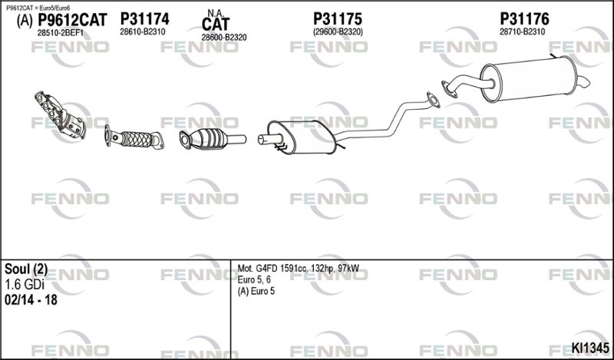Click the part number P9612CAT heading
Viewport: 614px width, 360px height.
click(x=72, y=20)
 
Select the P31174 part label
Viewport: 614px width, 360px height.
click(x=144, y=18)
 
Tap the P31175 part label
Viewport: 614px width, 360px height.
click(x=338, y=18)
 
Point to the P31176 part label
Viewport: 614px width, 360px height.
click(x=524, y=18)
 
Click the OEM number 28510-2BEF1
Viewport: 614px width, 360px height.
click(x=61, y=33)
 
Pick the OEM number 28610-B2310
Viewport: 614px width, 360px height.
click(x=143, y=31)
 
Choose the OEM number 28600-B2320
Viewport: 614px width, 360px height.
click(x=224, y=38)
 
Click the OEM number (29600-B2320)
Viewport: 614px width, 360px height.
click(x=338, y=31)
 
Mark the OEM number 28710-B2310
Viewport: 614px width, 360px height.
click(x=522, y=31)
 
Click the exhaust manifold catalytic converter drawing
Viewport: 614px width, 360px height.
click(x=60, y=115)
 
